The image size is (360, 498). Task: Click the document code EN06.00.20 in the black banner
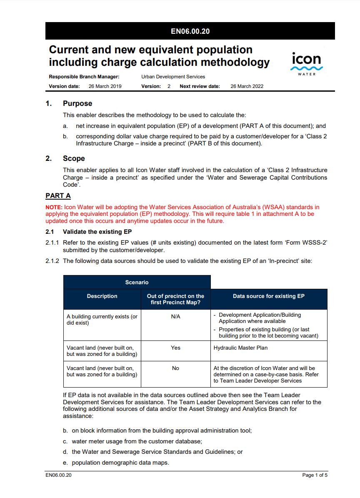tap(190, 31)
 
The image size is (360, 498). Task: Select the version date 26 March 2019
tap(105, 86)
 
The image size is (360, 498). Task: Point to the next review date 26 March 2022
tap(247, 86)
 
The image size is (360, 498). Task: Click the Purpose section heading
tap(77, 103)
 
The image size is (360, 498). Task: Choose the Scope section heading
tap(74, 158)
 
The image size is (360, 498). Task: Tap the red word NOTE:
tap(54, 207)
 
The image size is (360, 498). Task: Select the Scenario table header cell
tap(137, 282)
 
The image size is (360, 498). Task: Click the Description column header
tap(102, 296)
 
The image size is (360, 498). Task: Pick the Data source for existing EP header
tap(269, 296)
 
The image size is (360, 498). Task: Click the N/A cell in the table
tap(176, 317)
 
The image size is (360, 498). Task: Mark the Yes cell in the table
tap(176, 348)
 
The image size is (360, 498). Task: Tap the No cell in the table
tap(176, 368)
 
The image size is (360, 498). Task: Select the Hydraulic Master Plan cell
tap(240, 348)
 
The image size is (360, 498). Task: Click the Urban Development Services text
tap(173, 77)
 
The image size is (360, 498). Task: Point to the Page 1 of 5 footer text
tap(315, 475)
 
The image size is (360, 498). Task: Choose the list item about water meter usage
tap(137, 441)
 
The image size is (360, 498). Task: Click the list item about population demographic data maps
tap(120, 463)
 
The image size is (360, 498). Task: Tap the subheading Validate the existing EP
tap(97, 232)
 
